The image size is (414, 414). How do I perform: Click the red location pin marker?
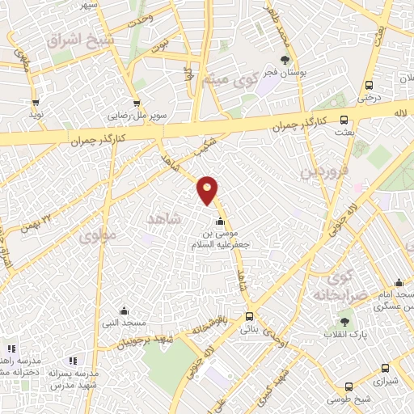pyautogui.click(x=208, y=189)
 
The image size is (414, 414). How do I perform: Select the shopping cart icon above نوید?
pyautogui.click(x=36, y=103)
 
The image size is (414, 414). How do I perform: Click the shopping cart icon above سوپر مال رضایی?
pyautogui.click(x=137, y=103)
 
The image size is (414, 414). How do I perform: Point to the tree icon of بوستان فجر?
pyautogui.click(x=285, y=60)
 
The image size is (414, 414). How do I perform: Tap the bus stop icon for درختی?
pyautogui.click(x=369, y=85)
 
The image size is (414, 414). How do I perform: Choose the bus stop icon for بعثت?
pyautogui.click(x=344, y=119)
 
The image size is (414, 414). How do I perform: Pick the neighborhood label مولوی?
pyautogui.click(x=98, y=237)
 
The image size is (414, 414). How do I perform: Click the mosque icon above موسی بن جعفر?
pyautogui.click(x=219, y=223)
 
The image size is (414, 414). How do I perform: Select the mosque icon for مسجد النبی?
pyautogui.click(x=123, y=310)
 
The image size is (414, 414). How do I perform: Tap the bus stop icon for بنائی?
pyautogui.click(x=248, y=316)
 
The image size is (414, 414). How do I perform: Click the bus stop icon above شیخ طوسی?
pyautogui.click(x=349, y=387)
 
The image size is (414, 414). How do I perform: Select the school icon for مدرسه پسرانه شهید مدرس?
pyautogui.click(x=72, y=361)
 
